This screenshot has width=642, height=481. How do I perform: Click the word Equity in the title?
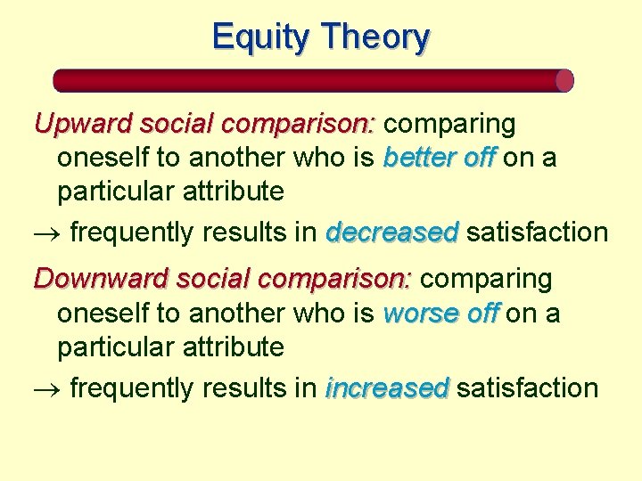pyautogui.click(x=263, y=37)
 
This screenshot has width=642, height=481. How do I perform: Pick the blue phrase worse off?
pyautogui.click(x=441, y=314)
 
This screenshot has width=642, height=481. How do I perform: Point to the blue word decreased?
pyautogui.click(x=392, y=232)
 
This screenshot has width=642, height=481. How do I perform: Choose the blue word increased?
pyautogui.click(x=388, y=388)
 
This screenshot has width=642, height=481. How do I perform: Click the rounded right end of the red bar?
pyautogui.click(x=564, y=81)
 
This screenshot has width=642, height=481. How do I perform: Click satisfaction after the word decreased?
pyautogui.click(x=537, y=232)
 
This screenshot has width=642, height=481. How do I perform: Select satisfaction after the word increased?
pyautogui.click(x=527, y=388)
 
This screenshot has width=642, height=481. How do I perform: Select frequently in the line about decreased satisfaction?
pyautogui.click(x=131, y=233)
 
